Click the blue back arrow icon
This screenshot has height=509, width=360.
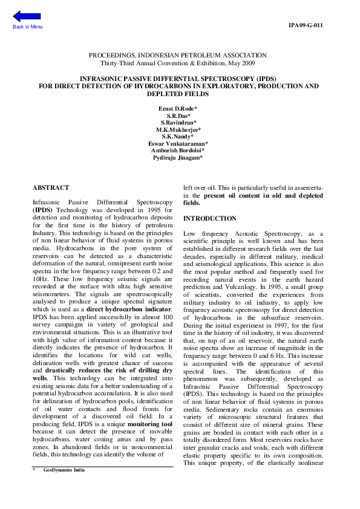[x=27, y=16]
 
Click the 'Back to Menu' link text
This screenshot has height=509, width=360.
[x=28, y=27]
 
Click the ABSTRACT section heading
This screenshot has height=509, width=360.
[x=51, y=188]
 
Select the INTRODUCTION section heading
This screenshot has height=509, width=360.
[x=210, y=218]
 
